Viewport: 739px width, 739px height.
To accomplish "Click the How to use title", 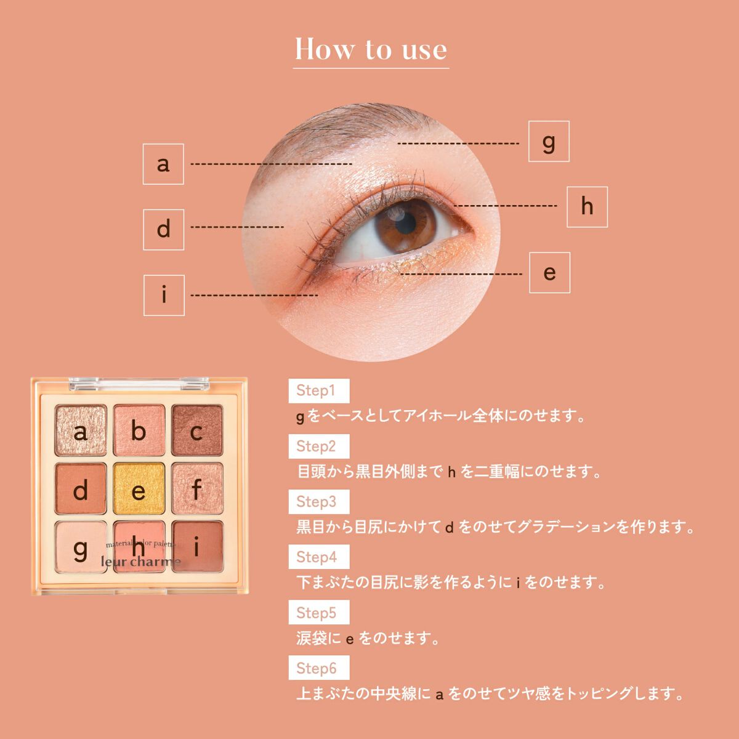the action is pyautogui.click(x=371, y=49).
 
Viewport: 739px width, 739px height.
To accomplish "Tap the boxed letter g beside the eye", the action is pyautogui.click(x=549, y=141).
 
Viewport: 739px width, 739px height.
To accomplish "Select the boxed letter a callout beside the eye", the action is pyautogui.click(x=163, y=164).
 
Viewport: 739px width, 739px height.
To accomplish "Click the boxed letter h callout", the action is pyautogui.click(x=587, y=207).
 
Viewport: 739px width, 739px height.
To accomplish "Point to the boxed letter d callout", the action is pyautogui.click(x=164, y=230).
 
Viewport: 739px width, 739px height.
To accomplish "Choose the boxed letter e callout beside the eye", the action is pyautogui.click(x=549, y=273).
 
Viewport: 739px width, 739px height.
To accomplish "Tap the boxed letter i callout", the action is pyautogui.click(x=164, y=296).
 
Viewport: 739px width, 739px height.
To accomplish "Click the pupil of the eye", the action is pyautogui.click(x=405, y=223).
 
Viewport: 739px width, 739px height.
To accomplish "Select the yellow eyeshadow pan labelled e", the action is pyautogui.click(x=139, y=488).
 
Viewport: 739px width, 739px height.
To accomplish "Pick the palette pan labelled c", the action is pyautogui.click(x=197, y=430).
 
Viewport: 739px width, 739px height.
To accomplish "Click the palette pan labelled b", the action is pyautogui.click(x=139, y=430).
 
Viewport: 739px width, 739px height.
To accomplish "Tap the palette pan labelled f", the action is pyautogui.click(x=197, y=488).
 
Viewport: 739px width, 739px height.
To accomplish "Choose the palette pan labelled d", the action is pyautogui.click(x=81, y=488).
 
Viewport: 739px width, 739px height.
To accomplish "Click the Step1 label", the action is pyautogui.click(x=318, y=391).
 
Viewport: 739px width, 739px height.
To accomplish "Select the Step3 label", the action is pyautogui.click(x=318, y=502).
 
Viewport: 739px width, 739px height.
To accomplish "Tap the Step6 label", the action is pyautogui.click(x=318, y=668).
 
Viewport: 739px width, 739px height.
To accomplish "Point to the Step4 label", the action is pyautogui.click(x=318, y=557).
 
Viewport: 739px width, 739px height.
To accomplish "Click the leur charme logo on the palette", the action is pyautogui.click(x=140, y=562).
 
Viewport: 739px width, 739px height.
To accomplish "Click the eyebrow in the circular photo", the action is pyautogui.click(x=341, y=124).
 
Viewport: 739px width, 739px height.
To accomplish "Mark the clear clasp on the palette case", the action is pyautogui.click(x=139, y=384).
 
